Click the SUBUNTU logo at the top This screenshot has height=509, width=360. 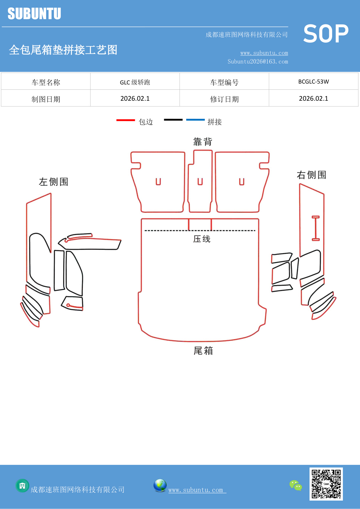pos(34,14)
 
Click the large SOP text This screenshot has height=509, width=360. pos(325,34)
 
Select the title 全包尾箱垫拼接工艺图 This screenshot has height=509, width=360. pos(63,50)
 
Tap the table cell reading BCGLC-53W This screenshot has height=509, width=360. pos(314,82)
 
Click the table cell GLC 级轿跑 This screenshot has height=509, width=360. pos(135,82)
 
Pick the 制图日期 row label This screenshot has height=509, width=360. pos(46,99)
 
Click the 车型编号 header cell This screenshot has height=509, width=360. pos(224,82)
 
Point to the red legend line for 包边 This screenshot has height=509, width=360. pos(126,120)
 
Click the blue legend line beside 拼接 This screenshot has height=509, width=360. pos(195,120)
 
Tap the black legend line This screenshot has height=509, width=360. pos(173,120)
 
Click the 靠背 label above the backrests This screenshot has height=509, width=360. pos(203,142)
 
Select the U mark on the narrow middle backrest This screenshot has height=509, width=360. pos(200,182)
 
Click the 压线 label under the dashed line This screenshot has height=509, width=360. pos(202,239)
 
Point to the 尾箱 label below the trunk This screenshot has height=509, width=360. pos(203,351)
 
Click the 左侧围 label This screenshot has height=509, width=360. pos(54,182)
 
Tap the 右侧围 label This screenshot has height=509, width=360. pos(312,175)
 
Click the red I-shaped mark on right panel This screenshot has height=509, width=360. pos(316,228)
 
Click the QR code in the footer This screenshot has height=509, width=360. pos(326,484)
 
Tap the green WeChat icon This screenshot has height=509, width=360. pos(296,485)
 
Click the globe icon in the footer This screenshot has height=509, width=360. pos(160,485)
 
